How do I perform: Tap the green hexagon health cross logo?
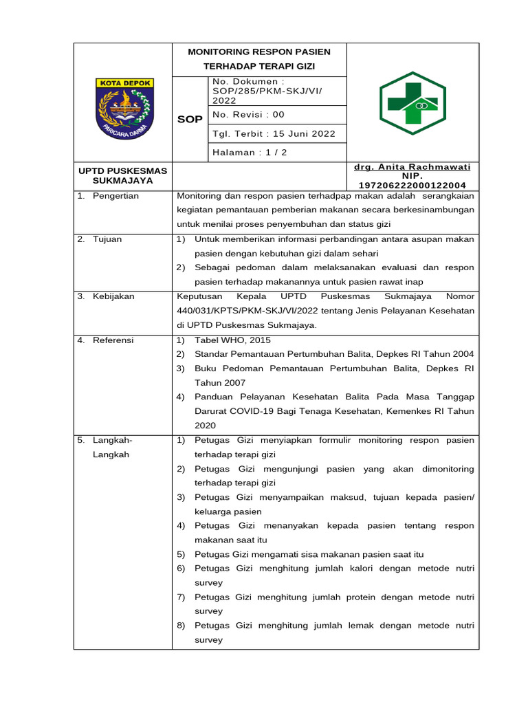pyautogui.click(x=412, y=103)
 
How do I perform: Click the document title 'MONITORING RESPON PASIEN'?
pyautogui.click(x=259, y=52)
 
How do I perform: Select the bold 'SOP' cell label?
pyautogui.click(x=190, y=119)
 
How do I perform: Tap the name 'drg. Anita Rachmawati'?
pyautogui.click(x=412, y=167)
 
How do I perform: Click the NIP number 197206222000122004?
pyautogui.click(x=412, y=185)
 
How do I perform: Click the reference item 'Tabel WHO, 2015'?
pyautogui.click(x=232, y=340)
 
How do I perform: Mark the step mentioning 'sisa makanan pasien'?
pyautogui.click(x=309, y=553)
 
